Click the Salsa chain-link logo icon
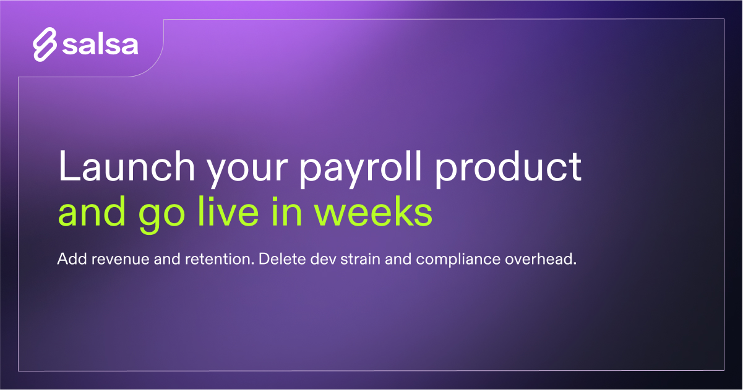[x=45, y=45]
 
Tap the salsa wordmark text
[x=100, y=45]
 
